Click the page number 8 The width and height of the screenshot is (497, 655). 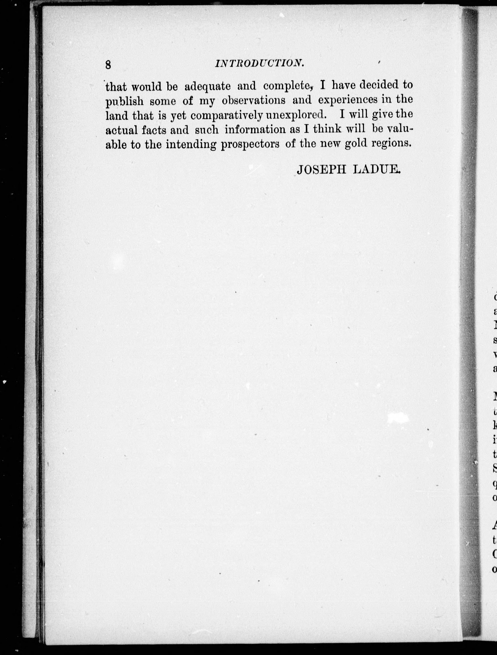(x=108, y=65)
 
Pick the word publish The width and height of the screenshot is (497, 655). (x=125, y=102)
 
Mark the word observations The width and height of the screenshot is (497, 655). (x=254, y=100)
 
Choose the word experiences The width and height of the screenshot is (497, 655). (x=348, y=100)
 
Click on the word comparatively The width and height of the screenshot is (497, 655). (x=227, y=115)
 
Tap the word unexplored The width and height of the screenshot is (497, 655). (x=296, y=115)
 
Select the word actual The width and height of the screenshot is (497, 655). (x=122, y=130)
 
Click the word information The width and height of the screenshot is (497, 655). (x=255, y=130)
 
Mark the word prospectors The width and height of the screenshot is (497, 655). (x=250, y=145)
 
